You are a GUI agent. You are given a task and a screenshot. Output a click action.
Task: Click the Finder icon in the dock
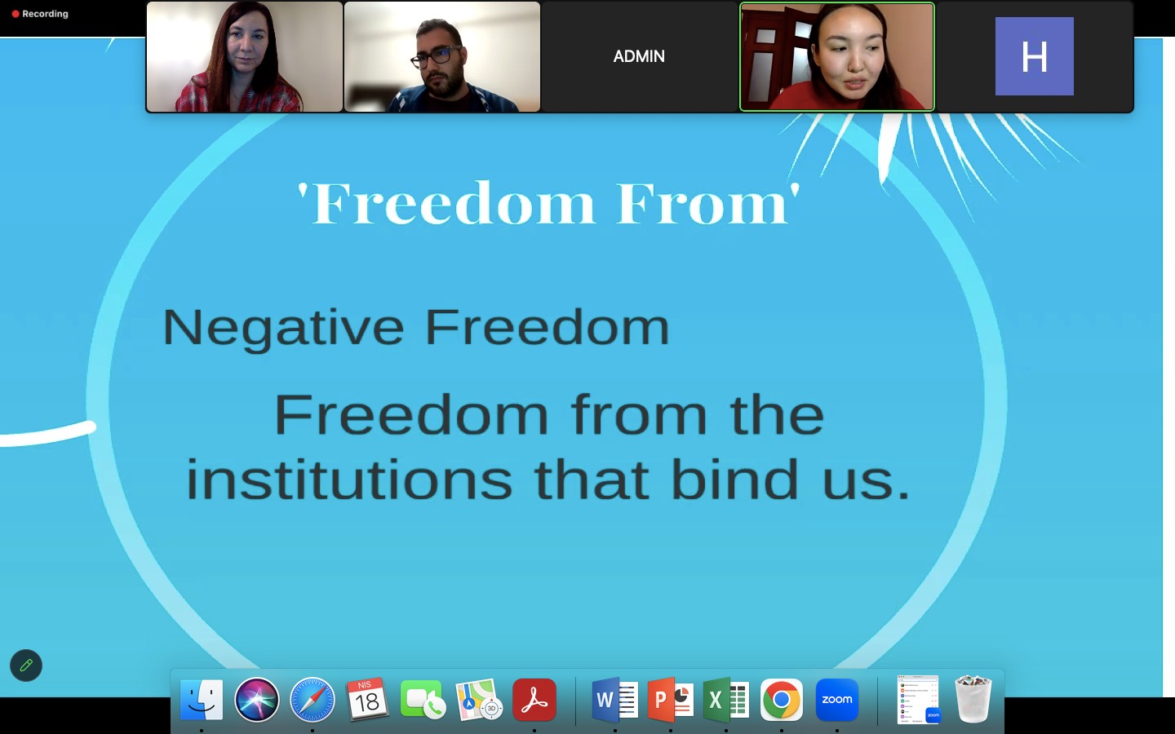point(202,700)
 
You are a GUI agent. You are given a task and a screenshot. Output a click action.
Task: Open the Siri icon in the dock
point(257,700)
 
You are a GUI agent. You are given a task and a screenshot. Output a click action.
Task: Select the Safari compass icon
point(312,700)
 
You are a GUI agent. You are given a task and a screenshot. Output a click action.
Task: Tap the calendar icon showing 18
point(367,699)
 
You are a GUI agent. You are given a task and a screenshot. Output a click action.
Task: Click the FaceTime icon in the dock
point(423,700)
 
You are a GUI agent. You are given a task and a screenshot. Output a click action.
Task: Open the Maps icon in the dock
point(479,700)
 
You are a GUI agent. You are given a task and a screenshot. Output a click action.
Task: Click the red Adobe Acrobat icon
point(534,700)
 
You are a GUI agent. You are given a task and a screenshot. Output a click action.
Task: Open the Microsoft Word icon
point(614,699)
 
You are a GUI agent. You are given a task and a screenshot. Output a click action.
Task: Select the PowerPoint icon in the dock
point(671,699)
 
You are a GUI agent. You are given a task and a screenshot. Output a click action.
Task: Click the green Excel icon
point(726,699)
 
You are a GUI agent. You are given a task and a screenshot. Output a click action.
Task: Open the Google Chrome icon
point(782,700)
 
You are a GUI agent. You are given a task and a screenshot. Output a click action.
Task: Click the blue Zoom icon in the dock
point(837,700)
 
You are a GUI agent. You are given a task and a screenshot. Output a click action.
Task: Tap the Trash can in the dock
point(973,699)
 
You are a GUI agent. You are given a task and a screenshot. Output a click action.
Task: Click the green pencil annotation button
point(26,665)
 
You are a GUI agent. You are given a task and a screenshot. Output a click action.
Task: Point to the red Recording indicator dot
point(16,14)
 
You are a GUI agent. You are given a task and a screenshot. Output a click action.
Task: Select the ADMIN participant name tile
point(639,56)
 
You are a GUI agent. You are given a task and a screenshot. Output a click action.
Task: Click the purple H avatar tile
point(1034,56)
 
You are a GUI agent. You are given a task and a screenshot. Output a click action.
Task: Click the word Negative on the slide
point(283,329)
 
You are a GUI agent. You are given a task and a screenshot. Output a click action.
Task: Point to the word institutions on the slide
point(349,480)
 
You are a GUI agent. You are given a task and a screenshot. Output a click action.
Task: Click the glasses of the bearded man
point(435,58)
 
